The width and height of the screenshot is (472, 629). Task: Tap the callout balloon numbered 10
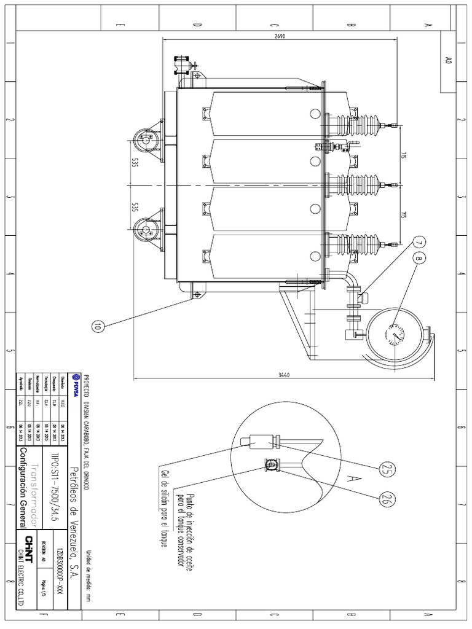(x=96, y=327)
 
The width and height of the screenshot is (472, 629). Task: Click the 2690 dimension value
(x=280, y=36)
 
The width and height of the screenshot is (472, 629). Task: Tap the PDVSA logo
(x=76, y=385)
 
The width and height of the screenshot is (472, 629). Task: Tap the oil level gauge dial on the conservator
(x=394, y=334)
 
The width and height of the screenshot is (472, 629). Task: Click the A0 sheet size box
(x=448, y=61)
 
